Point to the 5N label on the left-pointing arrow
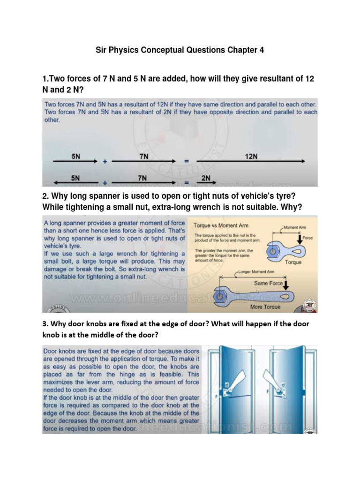(75, 178)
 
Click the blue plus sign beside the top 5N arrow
(105, 162)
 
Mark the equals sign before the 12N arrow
(186, 162)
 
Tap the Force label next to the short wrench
(307, 238)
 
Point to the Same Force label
(269, 283)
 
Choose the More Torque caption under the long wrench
(266, 307)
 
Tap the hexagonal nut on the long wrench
(218, 296)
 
